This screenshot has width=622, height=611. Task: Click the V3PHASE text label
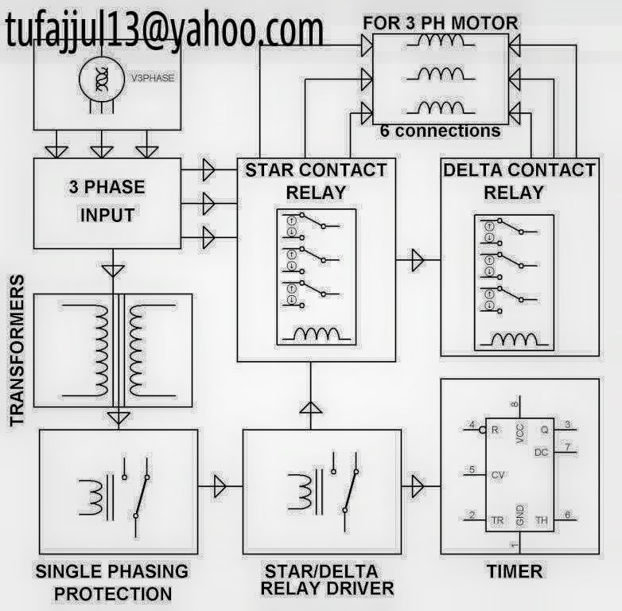(x=153, y=78)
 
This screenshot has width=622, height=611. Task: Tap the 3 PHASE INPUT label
(x=107, y=201)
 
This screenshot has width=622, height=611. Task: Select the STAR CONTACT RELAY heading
(x=316, y=181)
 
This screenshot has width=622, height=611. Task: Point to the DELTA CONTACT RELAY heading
(x=519, y=181)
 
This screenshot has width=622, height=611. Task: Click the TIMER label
(x=515, y=571)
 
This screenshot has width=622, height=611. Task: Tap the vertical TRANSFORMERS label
(x=17, y=351)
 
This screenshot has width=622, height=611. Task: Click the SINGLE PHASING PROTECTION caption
(x=112, y=582)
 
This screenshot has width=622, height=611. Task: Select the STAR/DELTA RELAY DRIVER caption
(x=327, y=580)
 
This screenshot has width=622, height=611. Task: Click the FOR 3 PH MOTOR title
(x=441, y=22)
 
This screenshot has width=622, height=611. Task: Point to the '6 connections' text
(x=440, y=130)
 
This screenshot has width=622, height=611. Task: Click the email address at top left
(x=165, y=29)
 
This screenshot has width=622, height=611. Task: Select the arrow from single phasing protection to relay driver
(x=220, y=486)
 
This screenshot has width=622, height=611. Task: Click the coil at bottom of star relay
(x=316, y=334)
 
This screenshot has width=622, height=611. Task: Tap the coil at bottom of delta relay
(x=514, y=339)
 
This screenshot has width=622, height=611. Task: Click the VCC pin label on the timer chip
(x=520, y=434)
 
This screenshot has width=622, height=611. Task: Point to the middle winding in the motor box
(x=441, y=74)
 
